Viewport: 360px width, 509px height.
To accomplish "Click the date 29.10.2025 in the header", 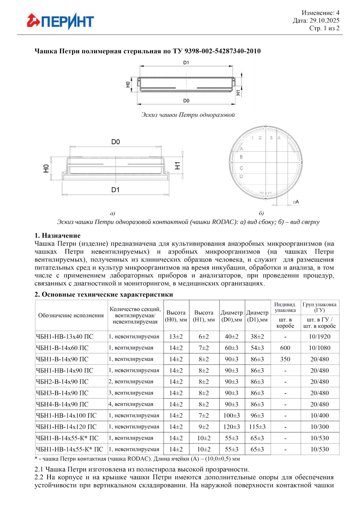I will (324, 21).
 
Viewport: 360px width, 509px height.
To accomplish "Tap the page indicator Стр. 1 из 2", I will (324, 28).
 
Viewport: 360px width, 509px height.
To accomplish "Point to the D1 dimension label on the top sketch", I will (186, 63).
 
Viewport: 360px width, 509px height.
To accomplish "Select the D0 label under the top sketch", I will (186, 101).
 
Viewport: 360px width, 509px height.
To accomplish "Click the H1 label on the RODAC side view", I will (177, 165).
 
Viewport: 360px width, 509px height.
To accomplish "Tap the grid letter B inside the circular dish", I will (241, 157).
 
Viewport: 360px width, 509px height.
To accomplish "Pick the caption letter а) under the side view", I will (113, 213).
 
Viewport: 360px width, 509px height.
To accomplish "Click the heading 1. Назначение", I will (58, 236).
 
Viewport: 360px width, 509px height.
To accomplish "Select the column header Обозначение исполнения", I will (71, 315).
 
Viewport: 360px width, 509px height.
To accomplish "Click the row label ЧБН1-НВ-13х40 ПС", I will (64, 337).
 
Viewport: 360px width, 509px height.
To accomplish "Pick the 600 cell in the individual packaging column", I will (285, 348).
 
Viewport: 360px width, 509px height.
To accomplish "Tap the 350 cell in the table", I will (285, 359).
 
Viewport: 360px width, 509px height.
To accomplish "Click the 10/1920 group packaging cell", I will (320, 337).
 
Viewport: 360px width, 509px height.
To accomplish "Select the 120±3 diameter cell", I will (231, 427).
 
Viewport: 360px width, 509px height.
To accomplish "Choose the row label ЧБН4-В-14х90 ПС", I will (62, 404).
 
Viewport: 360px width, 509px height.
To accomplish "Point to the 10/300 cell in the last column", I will (320, 427).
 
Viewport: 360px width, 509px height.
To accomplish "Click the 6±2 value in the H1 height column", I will (204, 337).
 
